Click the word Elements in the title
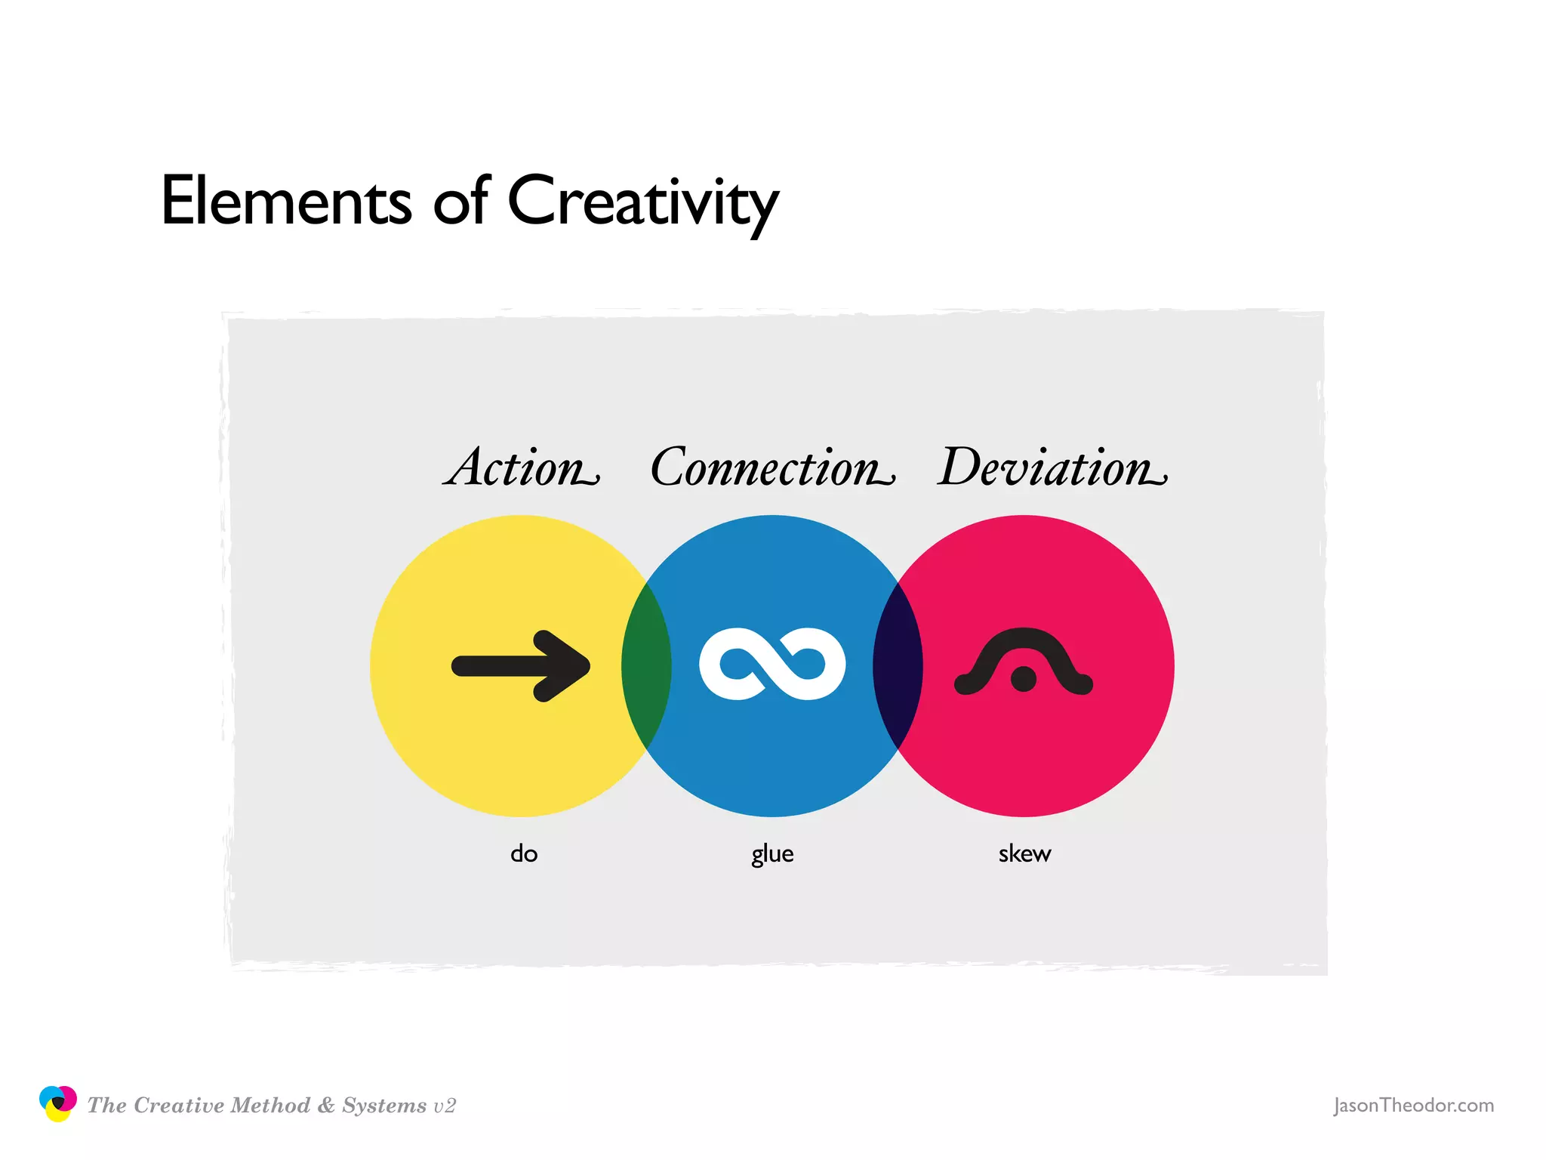[x=286, y=201]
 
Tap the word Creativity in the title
[x=642, y=202]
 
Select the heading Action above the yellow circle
[x=521, y=467]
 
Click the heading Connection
[x=771, y=467]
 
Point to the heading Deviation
[x=1052, y=467]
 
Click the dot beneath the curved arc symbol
[x=1024, y=679]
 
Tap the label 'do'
[x=524, y=854]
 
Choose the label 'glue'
[x=772, y=854]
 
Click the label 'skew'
[x=1024, y=854]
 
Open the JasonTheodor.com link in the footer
[x=1413, y=1106]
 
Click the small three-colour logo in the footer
[x=57, y=1104]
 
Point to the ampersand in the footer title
[x=326, y=1106]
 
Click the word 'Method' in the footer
[x=270, y=1106]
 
